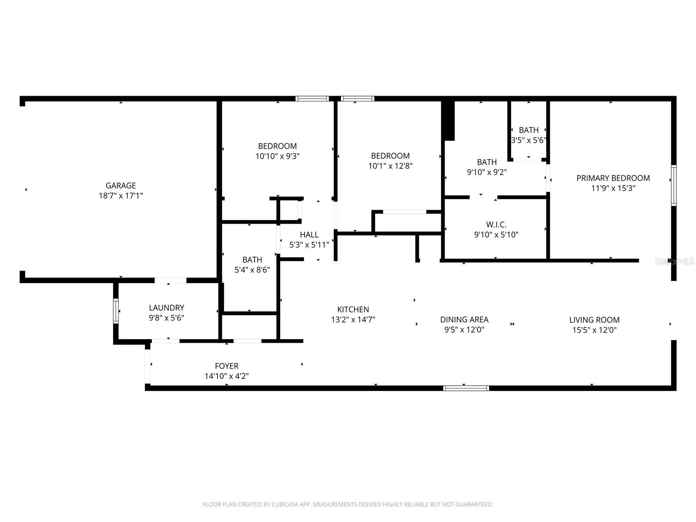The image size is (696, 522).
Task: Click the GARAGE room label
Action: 120,185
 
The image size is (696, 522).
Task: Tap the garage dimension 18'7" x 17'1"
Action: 120,196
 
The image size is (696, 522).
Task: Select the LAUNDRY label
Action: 166,308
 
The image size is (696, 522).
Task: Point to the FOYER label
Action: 226,366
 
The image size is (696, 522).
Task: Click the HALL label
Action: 309,235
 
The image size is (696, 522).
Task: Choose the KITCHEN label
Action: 353,309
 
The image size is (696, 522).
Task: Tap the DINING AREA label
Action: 464,319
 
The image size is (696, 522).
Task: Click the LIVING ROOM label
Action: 594,320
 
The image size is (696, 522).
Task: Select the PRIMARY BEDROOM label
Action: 613,178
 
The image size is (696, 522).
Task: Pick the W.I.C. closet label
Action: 496,224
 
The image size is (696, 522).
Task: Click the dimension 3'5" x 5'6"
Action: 529,141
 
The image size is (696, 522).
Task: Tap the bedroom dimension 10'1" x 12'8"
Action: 390,166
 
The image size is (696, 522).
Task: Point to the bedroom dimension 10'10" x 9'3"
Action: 277,156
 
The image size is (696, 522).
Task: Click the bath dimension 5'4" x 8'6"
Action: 252,270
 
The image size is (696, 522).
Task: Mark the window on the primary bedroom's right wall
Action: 673,185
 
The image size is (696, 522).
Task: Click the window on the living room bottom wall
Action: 466,388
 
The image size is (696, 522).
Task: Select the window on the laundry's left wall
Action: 116,311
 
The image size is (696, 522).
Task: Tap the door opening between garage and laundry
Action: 171,281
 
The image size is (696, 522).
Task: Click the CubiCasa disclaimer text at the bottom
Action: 348,505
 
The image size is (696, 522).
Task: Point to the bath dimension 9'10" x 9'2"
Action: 486,172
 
